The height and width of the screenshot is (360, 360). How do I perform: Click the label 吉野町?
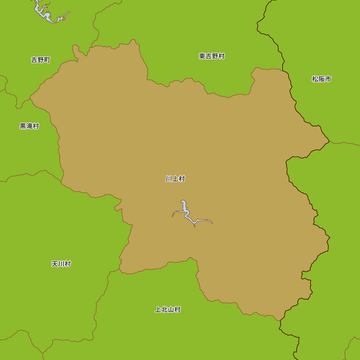click(x=41, y=60)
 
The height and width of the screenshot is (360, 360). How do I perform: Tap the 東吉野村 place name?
click(x=212, y=56)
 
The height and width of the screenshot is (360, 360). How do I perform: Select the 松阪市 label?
click(x=321, y=79)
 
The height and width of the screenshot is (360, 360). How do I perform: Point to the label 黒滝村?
click(x=29, y=126)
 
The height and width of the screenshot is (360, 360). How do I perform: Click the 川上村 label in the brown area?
click(x=175, y=179)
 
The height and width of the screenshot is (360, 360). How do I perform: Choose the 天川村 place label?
click(x=61, y=264)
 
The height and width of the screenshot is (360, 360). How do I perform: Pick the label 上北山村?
click(x=167, y=310)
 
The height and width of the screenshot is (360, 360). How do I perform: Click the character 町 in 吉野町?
click(x=47, y=60)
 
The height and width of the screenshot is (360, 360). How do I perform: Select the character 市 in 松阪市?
click(x=328, y=79)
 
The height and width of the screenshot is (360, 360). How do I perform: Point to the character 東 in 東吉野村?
click(x=202, y=56)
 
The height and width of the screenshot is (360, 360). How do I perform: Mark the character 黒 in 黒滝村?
click(x=23, y=126)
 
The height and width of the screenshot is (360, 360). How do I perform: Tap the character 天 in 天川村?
click(x=55, y=264)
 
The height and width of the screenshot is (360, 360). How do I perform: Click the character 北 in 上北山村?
click(x=164, y=310)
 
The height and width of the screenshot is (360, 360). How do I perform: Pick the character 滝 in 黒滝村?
click(x=29, y=126)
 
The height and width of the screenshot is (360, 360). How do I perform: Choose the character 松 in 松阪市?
click(x=315, y=79)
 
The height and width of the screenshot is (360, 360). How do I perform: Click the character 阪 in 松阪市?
click(x=321, y=79)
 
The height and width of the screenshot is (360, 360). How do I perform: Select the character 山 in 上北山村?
click(x=171, y=310)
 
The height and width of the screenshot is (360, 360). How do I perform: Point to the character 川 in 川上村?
click(x=169, y=179)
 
